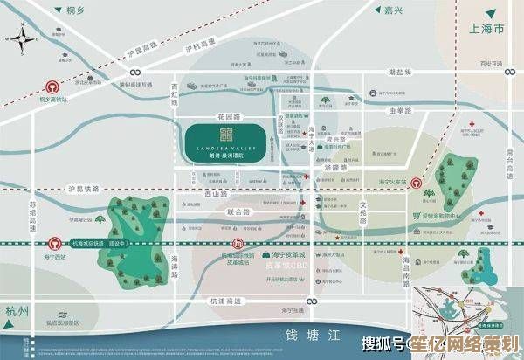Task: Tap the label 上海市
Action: coord(486,30)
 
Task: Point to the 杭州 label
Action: coord(18,312)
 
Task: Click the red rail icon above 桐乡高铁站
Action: coord(52,87)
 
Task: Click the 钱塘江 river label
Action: coord(303,336)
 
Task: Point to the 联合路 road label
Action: coord(238,212)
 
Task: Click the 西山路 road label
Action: coord(215,194)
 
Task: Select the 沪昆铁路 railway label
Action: coord(84,189)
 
